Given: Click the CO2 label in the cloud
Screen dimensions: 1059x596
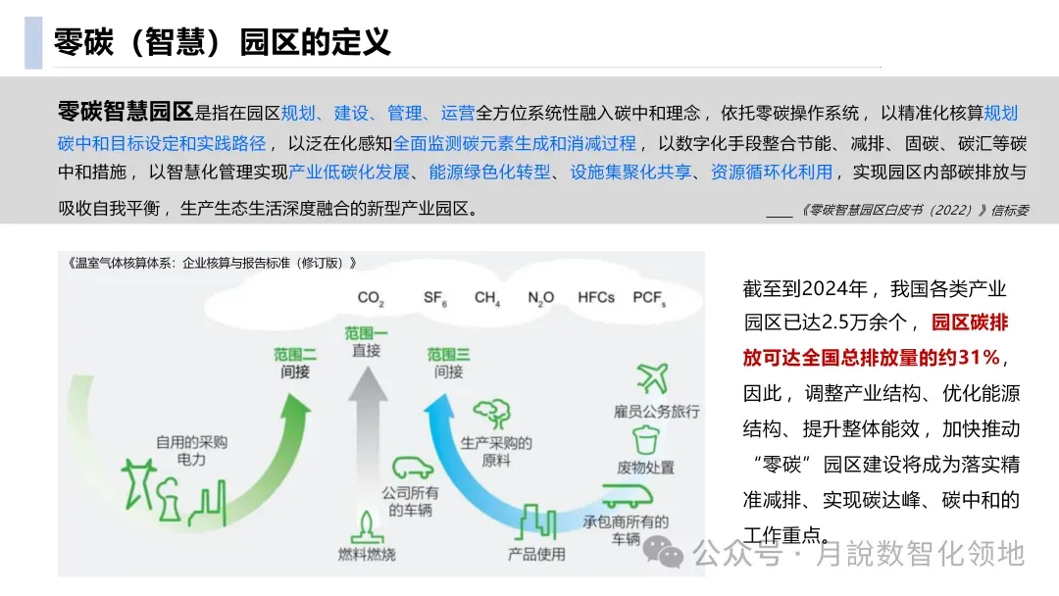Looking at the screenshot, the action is pyautogui.click(x=371, y=297).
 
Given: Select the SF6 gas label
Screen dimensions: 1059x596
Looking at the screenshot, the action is pyautogui.click(x=435, y=297).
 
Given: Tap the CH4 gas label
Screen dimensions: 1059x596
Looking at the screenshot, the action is pyautogui.click(x=487, y=297).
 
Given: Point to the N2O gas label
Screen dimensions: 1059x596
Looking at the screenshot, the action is pyautogui.click(x=540, y=297).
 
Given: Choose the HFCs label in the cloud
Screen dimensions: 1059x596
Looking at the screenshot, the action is pyautogui.click(x=596, y=297).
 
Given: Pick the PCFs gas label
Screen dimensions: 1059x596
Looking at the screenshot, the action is pyautogui.click(x=649, y=297).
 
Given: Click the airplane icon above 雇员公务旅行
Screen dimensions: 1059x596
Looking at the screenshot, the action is pyautogui.click(x=652, y=376).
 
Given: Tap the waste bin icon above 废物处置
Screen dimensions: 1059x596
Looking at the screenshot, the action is pyautogui.click(x=645, y=438).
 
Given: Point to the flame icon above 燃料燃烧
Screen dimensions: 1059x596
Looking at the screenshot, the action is pyautogui.click(x=367, y=523).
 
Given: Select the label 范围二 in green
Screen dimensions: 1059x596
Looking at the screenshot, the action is pyautogui.click(x=295, y=354).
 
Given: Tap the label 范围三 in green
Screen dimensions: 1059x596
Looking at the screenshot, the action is pyautogui.click(x=448, y=354).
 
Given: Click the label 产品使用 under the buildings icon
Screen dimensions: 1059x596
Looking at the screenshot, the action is pyautogui.click(x=536, y=554).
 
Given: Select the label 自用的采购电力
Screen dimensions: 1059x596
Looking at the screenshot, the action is pyautogui.click(x=191, y=450).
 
